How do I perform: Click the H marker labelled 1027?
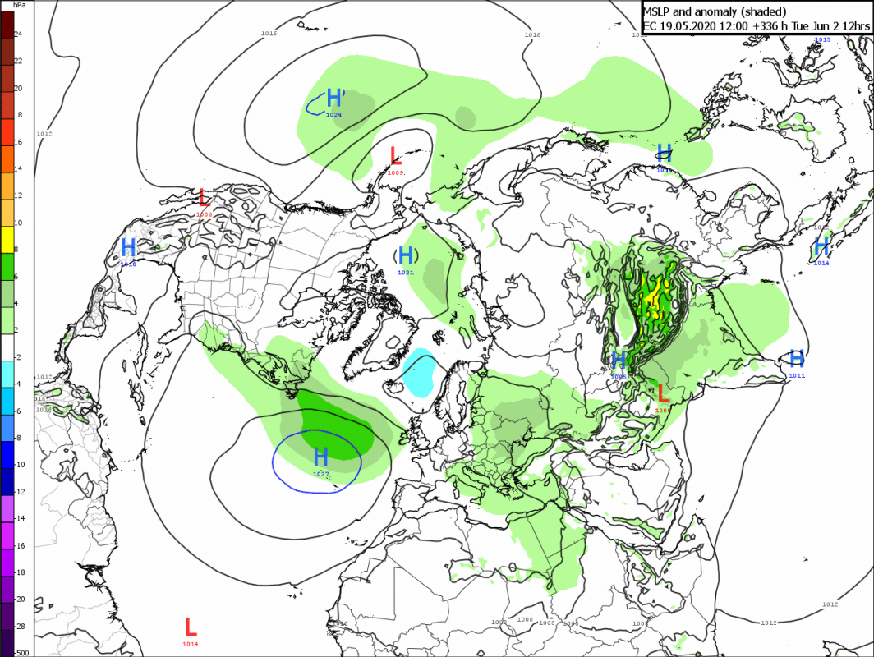[321, 457]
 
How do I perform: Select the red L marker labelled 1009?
[395, 155]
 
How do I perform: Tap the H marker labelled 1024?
[334, 98]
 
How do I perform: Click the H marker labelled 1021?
[406, 255]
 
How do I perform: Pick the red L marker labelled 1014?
[191, 627]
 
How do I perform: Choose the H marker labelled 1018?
[128, 246]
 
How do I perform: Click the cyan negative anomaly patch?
[421, 374]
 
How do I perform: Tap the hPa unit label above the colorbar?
[18, 6]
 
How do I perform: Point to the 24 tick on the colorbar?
[18, 34]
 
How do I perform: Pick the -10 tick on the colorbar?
[20, 465]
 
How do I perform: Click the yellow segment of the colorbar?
[7, 237]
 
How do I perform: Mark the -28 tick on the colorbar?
[20, 627]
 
